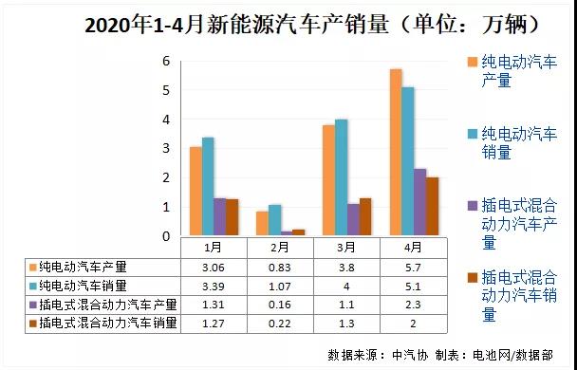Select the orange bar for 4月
[x=369, y=153]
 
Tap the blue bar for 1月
[x=208, y=187]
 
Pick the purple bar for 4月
[x=393, y=202]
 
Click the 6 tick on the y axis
[x=166, y=61]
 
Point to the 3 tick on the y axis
[x=166, y=149]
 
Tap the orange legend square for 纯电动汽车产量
[x=473, y=63]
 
